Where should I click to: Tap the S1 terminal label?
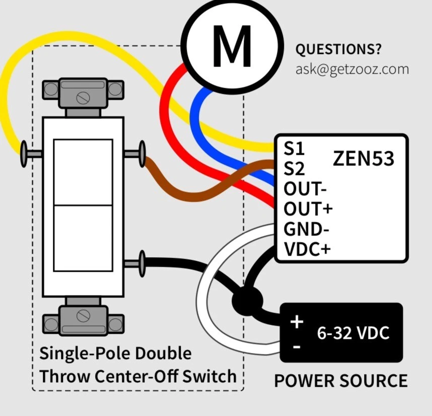click(294, 149)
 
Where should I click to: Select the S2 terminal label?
click(295, 168)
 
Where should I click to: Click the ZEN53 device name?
click(363, 158)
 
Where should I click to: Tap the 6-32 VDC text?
click(352, 333)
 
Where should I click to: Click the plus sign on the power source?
click(297, 322)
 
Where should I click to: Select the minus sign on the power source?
click(297, 347)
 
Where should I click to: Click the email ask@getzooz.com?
click(352, 69)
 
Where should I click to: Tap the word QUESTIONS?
click(338, 50)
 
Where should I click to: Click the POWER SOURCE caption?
click(340, 380)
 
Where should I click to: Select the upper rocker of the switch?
click(83, 172)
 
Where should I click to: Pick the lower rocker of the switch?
click(83, 239)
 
